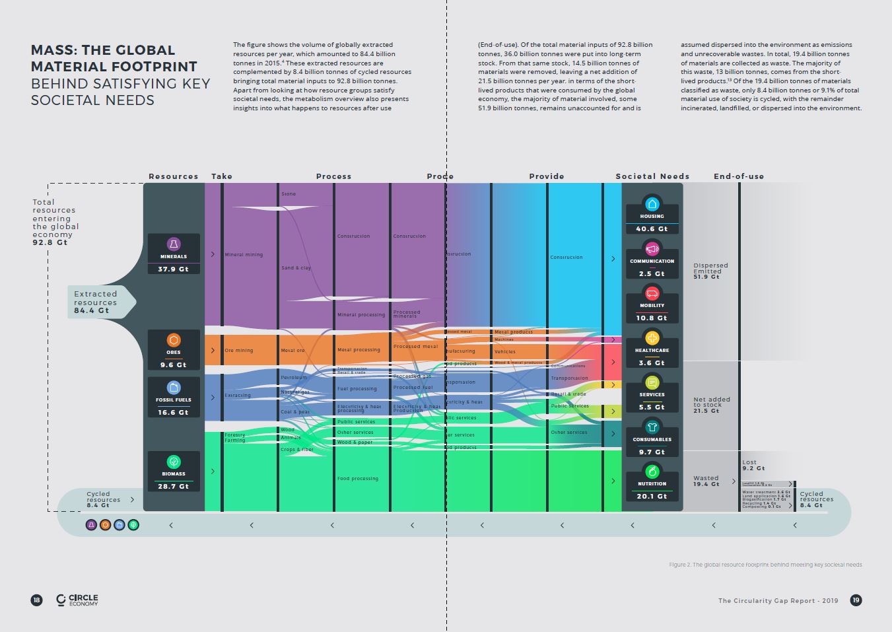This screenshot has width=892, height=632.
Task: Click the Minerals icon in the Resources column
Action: pos(174,244)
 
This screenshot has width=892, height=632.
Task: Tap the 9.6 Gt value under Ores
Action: pos(174,365)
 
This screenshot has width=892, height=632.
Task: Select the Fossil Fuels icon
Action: pos(174,388)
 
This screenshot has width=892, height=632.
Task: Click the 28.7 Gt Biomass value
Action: pos(174,486)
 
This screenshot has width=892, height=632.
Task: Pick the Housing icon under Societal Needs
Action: pos(652,204)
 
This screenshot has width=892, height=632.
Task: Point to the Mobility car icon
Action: pos(652,293)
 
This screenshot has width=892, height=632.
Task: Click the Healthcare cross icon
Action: pos(652,338)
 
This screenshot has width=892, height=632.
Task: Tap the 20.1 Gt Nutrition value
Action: pos(652,496)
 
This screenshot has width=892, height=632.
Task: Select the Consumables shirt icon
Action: pos(652,427)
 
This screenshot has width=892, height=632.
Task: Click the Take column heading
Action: pos(222,176)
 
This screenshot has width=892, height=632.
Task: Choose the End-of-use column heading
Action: pos(739,176)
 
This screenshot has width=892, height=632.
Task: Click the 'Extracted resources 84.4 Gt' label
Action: pos(96,302)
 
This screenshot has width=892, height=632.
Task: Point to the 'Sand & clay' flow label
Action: pos(296,268)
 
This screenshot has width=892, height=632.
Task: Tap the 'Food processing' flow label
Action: pos(358,479)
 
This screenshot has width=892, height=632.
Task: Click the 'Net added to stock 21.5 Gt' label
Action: pos(712,405)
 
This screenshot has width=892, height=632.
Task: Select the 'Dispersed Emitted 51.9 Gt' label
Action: pos(710,271)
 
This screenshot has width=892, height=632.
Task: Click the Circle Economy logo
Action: pos(77,600)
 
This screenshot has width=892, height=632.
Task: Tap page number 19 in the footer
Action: pos(856,600)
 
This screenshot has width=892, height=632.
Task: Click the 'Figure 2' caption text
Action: pos(765,565)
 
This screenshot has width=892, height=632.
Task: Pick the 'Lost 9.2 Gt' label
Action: pos(753,465)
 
